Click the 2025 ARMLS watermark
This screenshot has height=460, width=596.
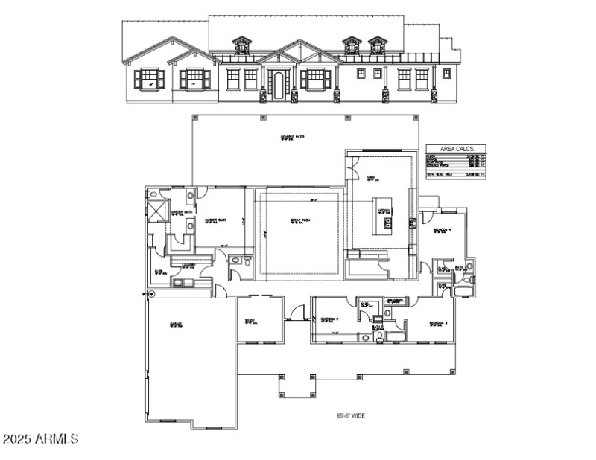point(40,439)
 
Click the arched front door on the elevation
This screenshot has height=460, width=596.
point(279,85)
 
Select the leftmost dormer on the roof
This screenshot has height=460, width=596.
point(241,46)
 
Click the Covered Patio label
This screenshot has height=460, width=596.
point(292,138)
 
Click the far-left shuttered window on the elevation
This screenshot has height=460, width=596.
point(148,78)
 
